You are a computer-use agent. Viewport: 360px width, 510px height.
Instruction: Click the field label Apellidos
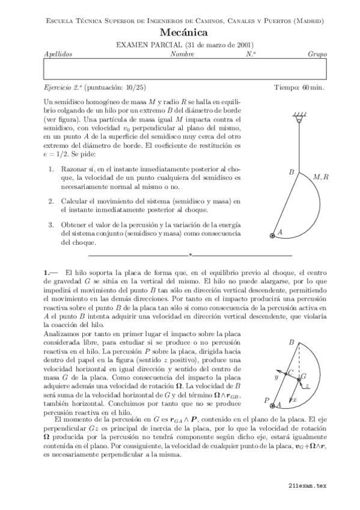58,54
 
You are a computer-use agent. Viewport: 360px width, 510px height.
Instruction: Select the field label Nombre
182,54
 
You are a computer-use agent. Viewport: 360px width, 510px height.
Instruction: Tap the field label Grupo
317,54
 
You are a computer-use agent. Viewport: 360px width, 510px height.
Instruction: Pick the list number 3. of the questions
52,224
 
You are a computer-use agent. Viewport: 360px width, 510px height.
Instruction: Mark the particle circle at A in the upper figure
273,235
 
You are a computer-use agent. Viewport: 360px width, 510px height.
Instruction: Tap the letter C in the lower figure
291,373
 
